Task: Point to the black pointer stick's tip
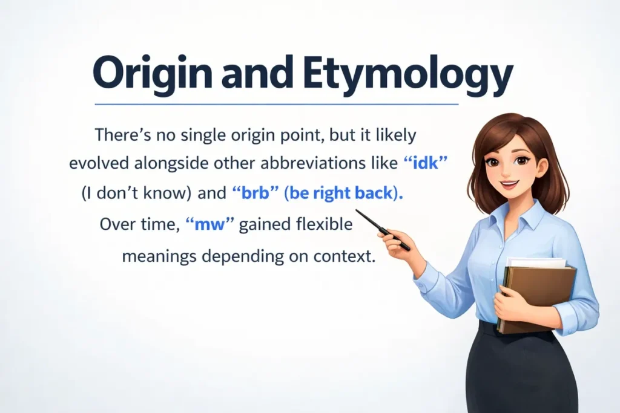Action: (x=358, y=211)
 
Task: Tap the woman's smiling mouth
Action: (x=511, y=183)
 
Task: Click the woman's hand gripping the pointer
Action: (x=397, y=241)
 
